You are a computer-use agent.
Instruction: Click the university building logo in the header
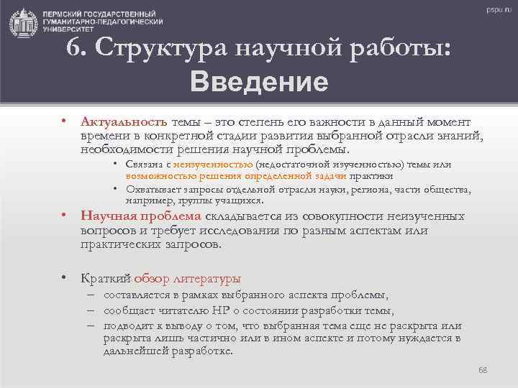(23, 24)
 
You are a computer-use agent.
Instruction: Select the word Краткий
(106, 278)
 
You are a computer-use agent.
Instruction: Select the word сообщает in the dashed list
(128, 310)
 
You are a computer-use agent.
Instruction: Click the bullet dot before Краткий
(65, 278)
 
